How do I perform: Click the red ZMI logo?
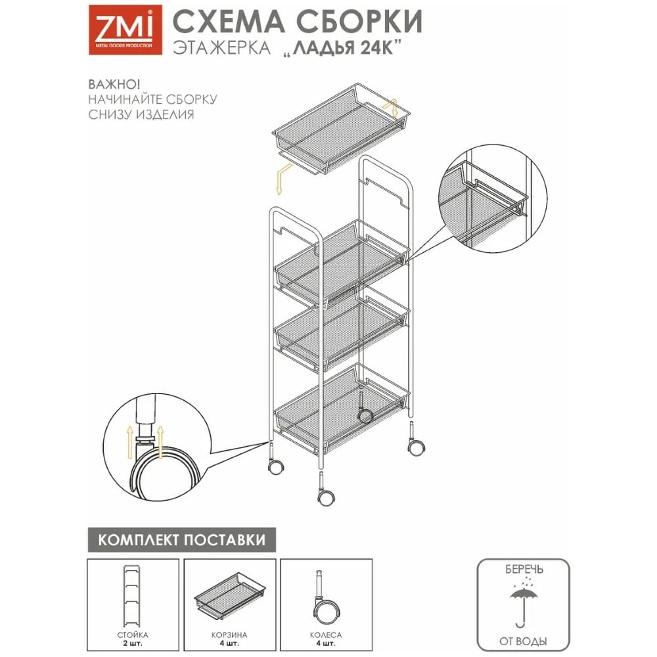[125, 30]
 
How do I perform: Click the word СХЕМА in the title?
[228, 22]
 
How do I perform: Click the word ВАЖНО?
[114, 84]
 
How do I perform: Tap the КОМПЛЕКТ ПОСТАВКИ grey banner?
[181, 539]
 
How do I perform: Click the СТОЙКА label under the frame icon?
[133, 635]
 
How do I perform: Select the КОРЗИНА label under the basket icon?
[229, 635]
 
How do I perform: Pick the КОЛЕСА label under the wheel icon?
[326, 635]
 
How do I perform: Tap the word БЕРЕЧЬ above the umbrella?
[524, 570]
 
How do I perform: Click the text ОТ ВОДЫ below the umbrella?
[523, 641]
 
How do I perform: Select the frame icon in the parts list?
[131, 597]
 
